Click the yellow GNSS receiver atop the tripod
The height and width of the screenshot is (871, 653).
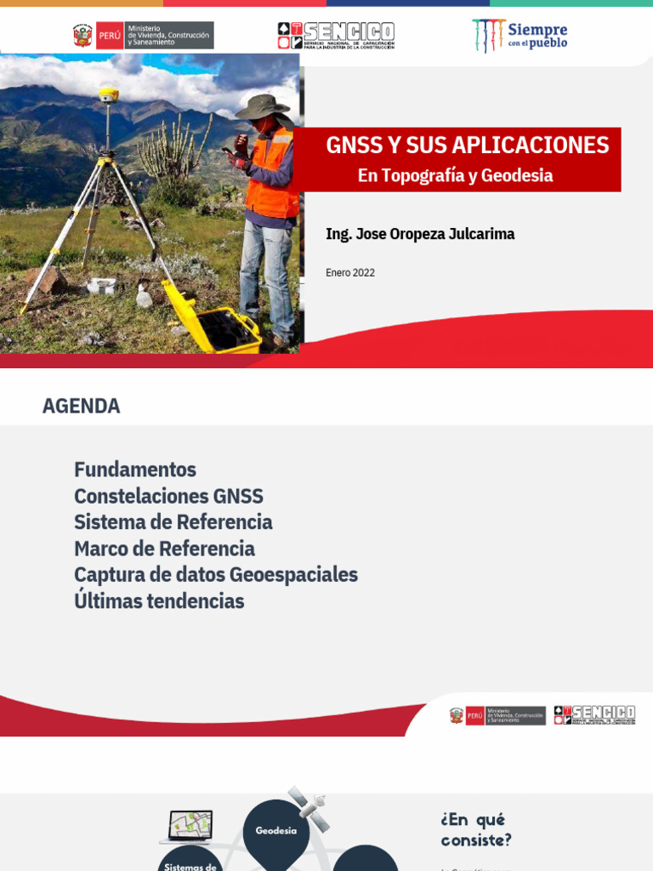(108, 94)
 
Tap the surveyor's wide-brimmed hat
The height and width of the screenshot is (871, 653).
(262, 106)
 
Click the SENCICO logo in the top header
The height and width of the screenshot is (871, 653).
(336, 36)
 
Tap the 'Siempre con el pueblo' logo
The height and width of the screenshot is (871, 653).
(520, 36)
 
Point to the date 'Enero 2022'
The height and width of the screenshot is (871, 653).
(350, 273)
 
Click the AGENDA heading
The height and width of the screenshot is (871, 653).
(82, 407)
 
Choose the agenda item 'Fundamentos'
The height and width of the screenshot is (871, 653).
(135, 470)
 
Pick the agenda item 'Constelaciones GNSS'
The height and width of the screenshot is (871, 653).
(168, 496)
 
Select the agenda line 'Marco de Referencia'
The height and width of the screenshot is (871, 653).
(164, 549)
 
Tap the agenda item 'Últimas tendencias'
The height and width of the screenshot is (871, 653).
(159, 601)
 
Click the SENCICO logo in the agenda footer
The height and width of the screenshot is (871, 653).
(594, 715)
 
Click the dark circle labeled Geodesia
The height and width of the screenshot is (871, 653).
(276, 830)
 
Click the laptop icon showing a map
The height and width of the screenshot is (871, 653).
(190, 826)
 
